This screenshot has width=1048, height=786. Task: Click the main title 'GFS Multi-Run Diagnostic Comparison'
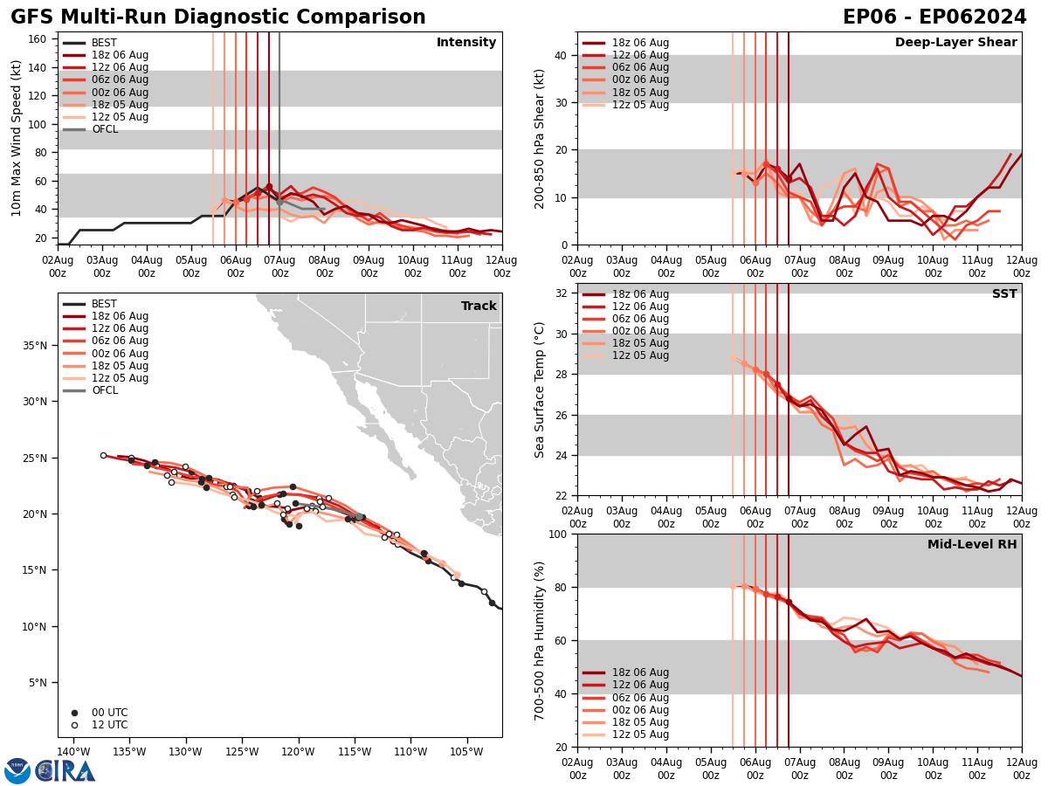(217, 17)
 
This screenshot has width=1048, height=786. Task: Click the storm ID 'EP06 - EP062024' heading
(934, 17)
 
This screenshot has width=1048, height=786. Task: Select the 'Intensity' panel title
(466, 43)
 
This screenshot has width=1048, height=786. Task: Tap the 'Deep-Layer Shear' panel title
(955, 43)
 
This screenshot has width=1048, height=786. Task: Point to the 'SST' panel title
(1004, 294)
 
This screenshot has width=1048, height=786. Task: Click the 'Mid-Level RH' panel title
(972, 545)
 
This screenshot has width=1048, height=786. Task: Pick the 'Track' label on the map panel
(479, 307)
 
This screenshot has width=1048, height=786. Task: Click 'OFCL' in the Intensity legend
(105, 129)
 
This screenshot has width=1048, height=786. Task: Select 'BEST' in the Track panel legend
(104, 304)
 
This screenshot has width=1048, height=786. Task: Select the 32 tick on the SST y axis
(562, 293)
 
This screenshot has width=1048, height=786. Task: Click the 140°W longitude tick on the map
(74, 752)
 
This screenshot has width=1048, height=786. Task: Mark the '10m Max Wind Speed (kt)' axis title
(17, 138)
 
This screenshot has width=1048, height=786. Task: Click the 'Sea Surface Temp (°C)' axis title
(540, 390)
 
